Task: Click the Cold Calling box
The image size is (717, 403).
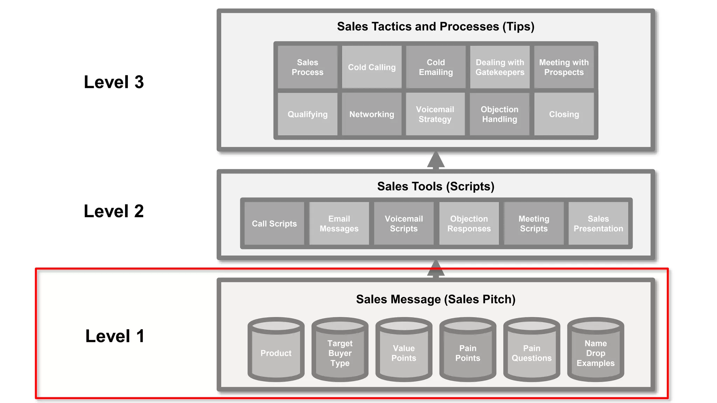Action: point(371,67)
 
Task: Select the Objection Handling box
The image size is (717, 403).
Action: point(499,114)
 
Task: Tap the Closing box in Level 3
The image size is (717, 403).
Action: point(564,114)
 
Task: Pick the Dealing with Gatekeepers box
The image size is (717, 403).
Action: point(500,67)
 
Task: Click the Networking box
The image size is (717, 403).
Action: point(371,114)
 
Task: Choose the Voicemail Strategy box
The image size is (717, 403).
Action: point(435,114)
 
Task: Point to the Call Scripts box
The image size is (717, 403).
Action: point(274,224)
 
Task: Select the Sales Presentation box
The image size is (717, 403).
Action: point(598,224)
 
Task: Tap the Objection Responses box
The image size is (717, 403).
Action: point(469,224)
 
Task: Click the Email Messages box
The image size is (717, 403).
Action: point(339,224)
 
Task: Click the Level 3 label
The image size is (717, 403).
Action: point(114,82)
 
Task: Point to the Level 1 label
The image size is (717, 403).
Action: point(115,336)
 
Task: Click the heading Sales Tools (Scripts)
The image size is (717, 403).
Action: point(436,186)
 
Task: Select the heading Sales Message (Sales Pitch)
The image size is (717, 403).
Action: point(436,299)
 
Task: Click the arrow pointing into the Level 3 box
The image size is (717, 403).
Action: point(436,161)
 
